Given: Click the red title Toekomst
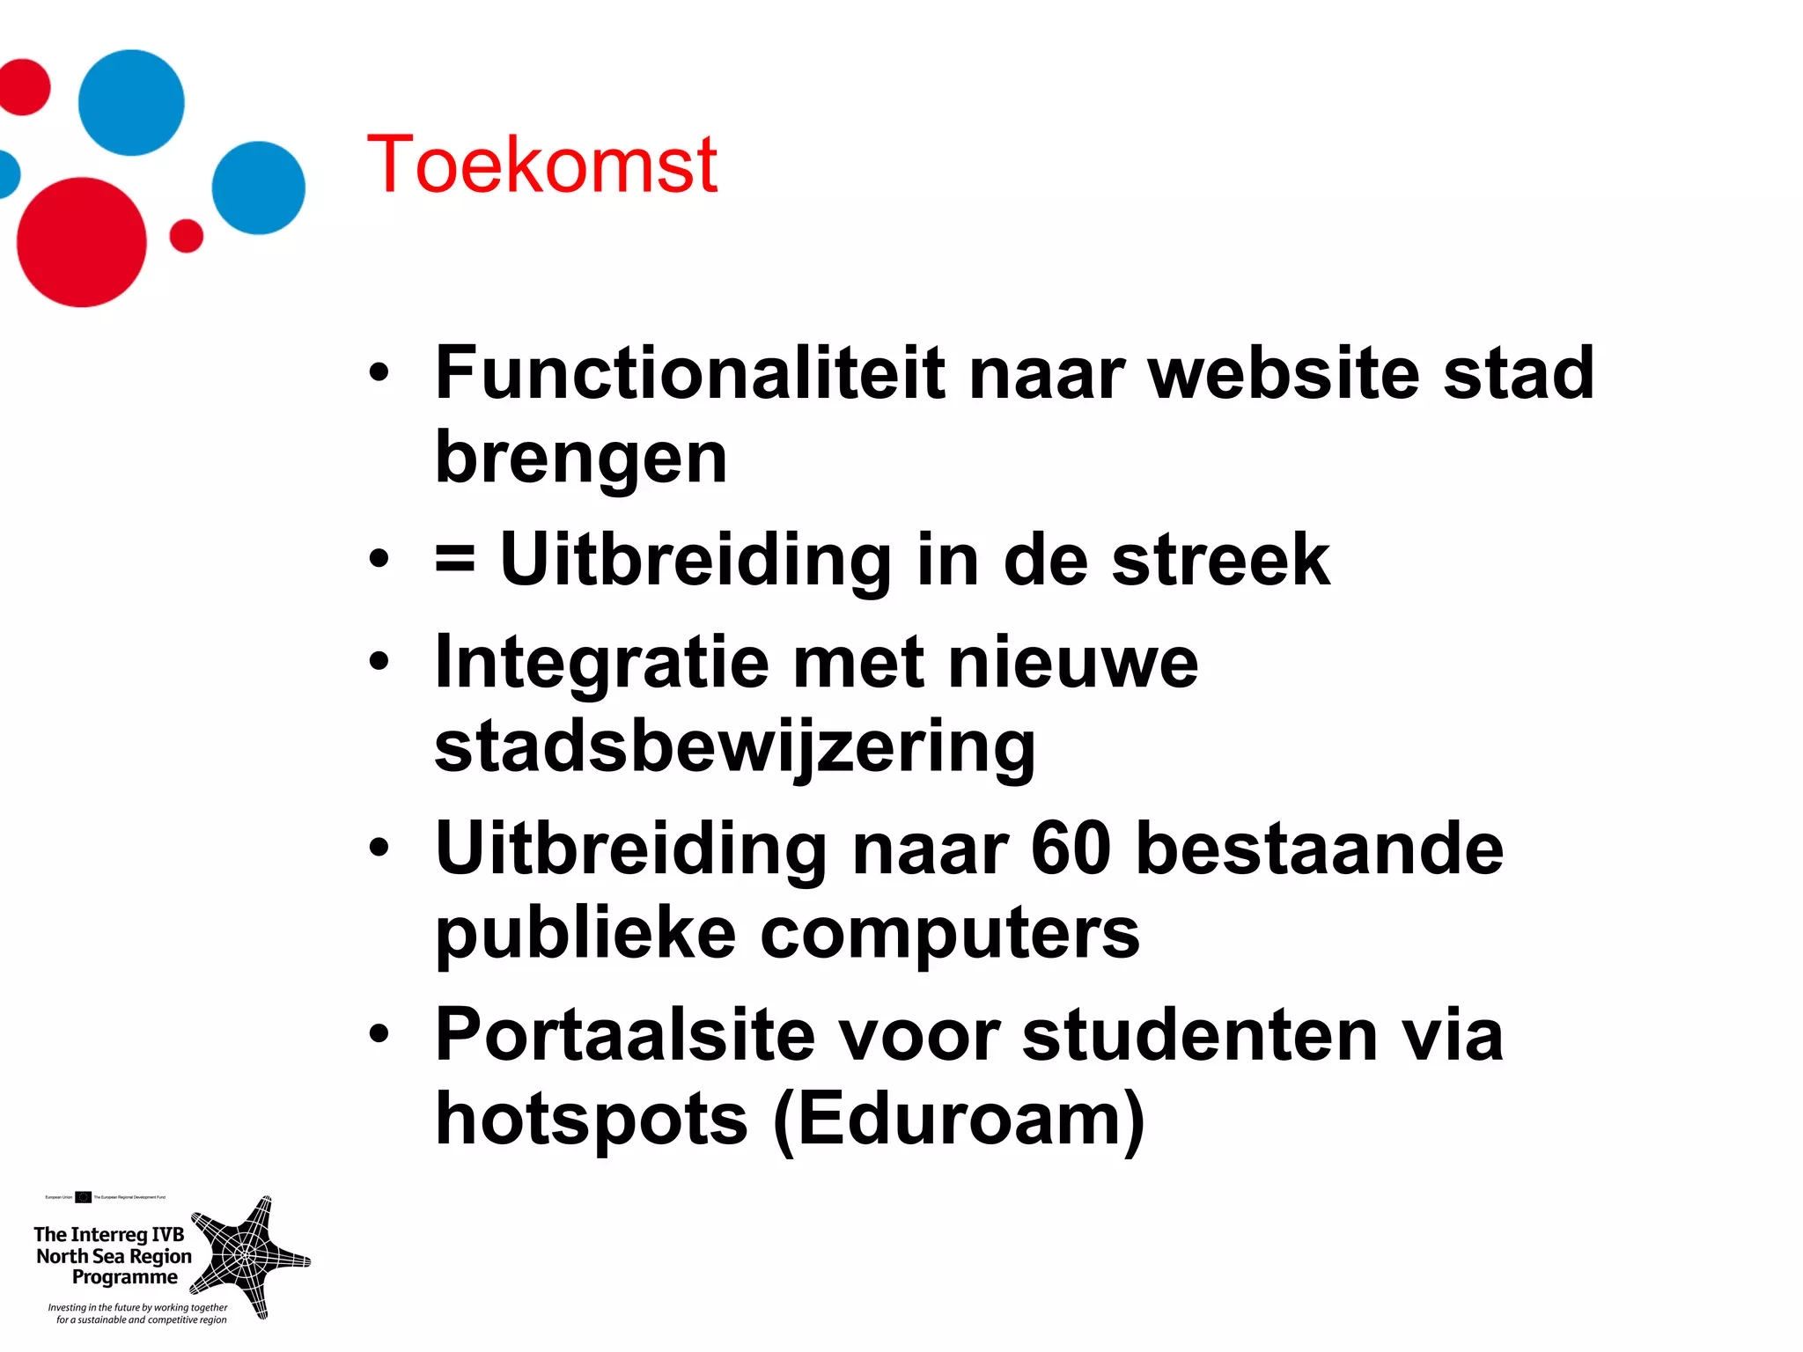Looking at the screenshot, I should (541, 165).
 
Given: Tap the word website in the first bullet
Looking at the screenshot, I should (1284, 373).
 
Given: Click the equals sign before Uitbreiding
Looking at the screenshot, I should (455, 559).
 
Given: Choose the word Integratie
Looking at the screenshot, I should (602, 662).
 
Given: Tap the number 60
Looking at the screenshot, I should (1071, 849).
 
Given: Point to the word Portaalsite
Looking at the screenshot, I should (625, 1035).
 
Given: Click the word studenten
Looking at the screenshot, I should (1201, 1035).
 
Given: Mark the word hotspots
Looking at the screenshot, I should (592, 1120).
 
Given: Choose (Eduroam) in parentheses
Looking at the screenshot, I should (959, 1120).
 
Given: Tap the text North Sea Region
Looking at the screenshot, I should (114, 1256).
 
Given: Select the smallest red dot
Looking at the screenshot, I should (186, 236).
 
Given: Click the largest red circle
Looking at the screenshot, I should (82, 242).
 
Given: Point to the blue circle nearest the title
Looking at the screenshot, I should (258, 187).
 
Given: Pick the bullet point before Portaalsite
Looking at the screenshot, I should (379, 1035).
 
